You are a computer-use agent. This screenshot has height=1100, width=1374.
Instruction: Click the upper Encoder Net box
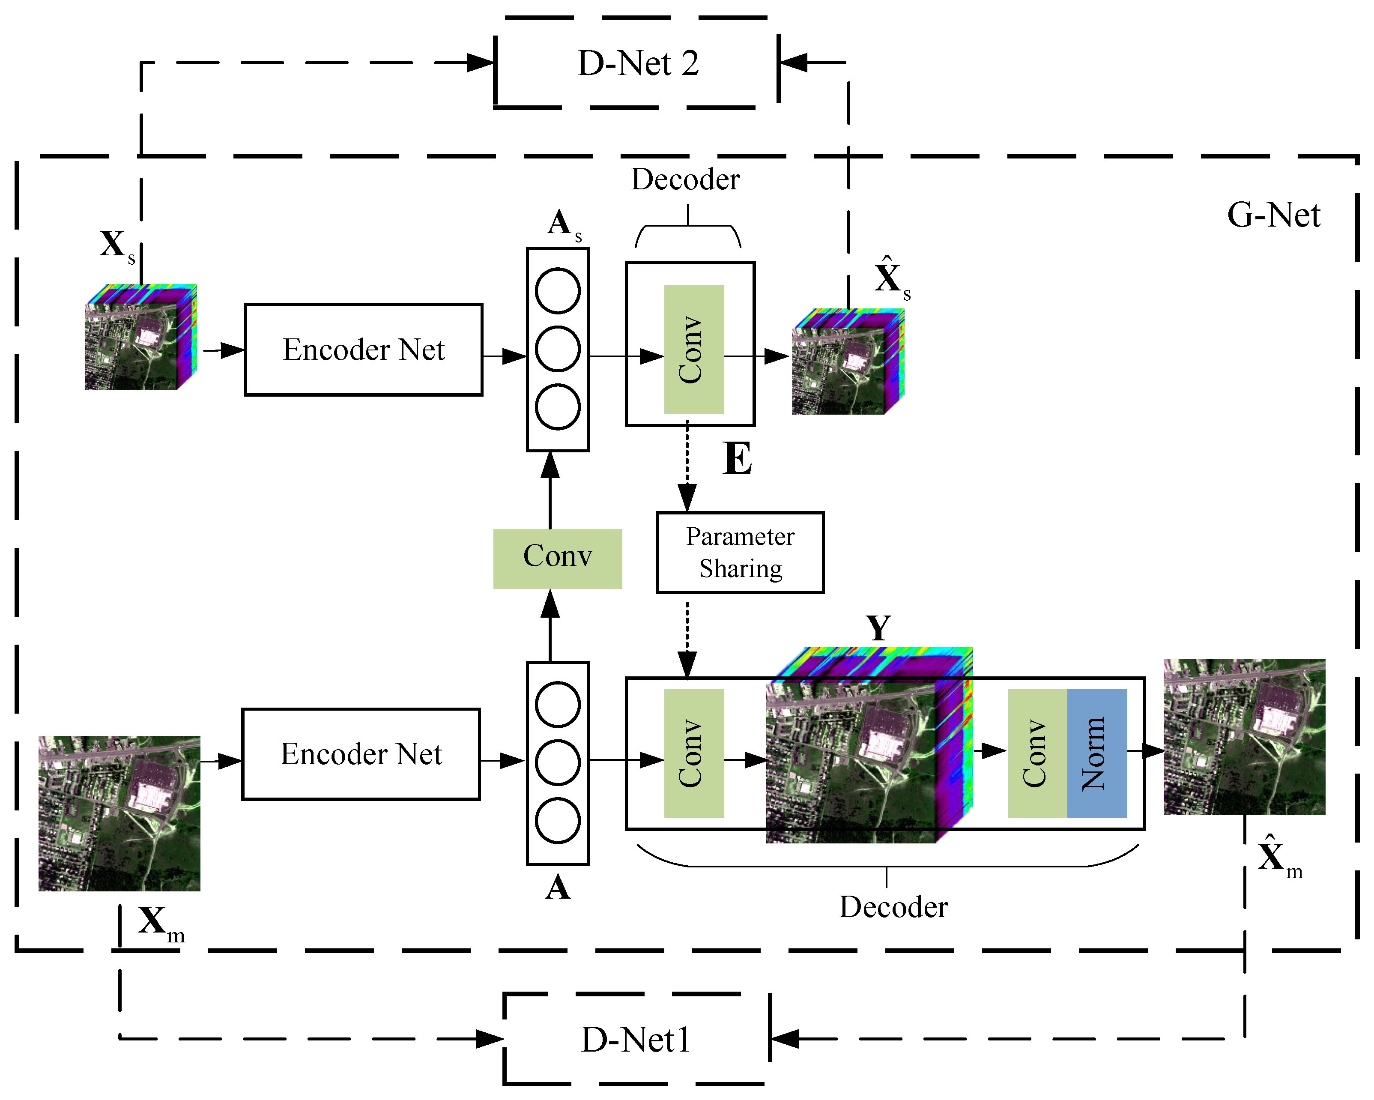tap(363, 350)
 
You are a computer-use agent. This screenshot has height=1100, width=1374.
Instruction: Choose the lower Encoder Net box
tap(361, 754)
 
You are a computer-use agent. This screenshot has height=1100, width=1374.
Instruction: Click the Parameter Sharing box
tap(740, 553)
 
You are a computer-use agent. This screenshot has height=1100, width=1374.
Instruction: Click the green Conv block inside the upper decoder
tap(693, 349)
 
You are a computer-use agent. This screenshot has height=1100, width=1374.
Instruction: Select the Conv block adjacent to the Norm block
tap(1037, 753)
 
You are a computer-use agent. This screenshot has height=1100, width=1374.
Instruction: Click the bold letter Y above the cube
tap(878, 628)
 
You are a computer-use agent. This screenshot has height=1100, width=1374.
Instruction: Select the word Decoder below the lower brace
tap(893, 907)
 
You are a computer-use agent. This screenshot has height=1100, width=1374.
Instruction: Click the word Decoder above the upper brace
tap(685, 180)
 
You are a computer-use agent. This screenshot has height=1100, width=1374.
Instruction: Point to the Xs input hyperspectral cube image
tap(140, 338)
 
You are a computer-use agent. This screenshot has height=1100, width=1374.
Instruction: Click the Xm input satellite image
tap(119, 813)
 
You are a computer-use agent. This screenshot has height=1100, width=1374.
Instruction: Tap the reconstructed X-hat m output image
tap(1244, 737)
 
